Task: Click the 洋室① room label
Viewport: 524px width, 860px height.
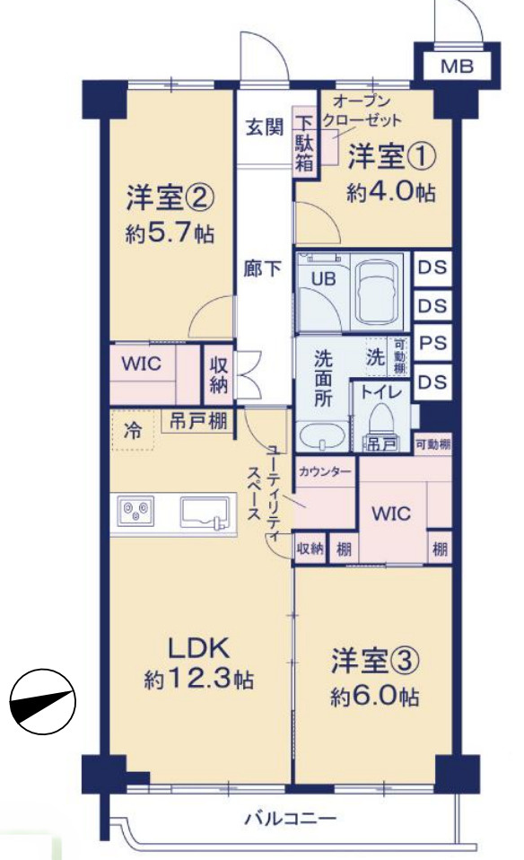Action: coord(392,155)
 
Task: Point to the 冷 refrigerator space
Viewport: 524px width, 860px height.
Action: coord(132,431)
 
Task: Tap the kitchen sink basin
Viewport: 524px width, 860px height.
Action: coord(203,513)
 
